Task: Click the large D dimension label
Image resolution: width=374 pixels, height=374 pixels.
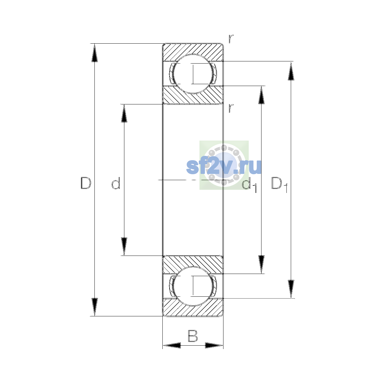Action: [x=86, y=183]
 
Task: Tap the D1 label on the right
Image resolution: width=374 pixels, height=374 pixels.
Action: [x=279, y=185]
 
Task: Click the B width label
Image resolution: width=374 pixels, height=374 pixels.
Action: [x=193, y=336]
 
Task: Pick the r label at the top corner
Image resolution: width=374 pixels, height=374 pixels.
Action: [x=231, y=39]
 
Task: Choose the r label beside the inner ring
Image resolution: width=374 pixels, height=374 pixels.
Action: [x=231, y=108]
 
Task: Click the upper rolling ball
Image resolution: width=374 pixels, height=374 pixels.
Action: [x=193, y=74]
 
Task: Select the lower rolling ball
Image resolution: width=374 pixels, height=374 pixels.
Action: [x=193, y=286]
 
